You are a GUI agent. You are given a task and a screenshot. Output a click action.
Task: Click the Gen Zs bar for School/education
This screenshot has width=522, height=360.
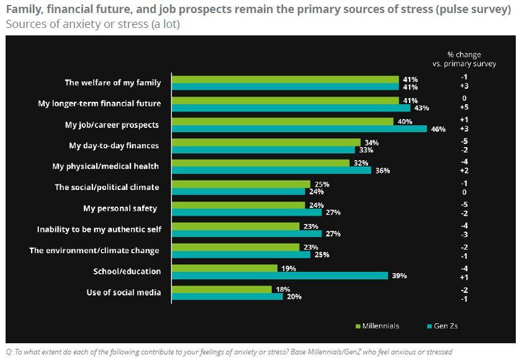click(x=279, y=276)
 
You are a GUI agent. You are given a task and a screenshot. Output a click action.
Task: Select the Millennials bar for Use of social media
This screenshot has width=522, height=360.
click(x=222, y=289)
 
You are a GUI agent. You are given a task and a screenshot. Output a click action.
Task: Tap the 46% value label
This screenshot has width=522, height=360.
click(x=438, y=129)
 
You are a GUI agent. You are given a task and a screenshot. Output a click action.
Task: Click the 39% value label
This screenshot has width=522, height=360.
click(x=398, y=276)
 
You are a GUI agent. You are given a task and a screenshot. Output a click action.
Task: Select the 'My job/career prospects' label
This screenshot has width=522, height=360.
click(x=112, y=125)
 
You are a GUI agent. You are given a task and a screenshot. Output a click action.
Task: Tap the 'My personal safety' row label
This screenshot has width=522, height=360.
click(x=120, y=208)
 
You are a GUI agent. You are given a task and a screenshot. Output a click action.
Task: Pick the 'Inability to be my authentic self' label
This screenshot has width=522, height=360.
click(x=99, y=229)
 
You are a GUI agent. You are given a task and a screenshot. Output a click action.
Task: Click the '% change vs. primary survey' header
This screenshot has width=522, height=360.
click(x=464, y=59)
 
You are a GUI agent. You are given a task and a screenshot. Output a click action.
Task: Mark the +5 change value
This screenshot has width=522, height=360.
click(x=464, y=107)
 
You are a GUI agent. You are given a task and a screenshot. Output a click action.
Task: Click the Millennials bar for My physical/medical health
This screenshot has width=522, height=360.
click(x=261, y=163)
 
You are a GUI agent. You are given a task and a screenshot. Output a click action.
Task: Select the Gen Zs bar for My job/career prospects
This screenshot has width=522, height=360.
click(x=299, y=129)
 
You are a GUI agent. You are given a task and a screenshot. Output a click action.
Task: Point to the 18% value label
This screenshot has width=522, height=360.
click(x=282, y=289)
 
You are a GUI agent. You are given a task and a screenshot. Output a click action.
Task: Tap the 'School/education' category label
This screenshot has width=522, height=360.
click(x=127, y=271)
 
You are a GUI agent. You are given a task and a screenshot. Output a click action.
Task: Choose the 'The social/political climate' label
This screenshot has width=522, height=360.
click(x=107, y=187)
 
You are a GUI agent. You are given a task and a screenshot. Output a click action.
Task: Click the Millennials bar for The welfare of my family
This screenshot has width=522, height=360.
click(x=285, y=79)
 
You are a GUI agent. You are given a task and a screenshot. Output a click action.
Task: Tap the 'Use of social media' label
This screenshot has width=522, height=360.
click(x=123, y=292)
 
